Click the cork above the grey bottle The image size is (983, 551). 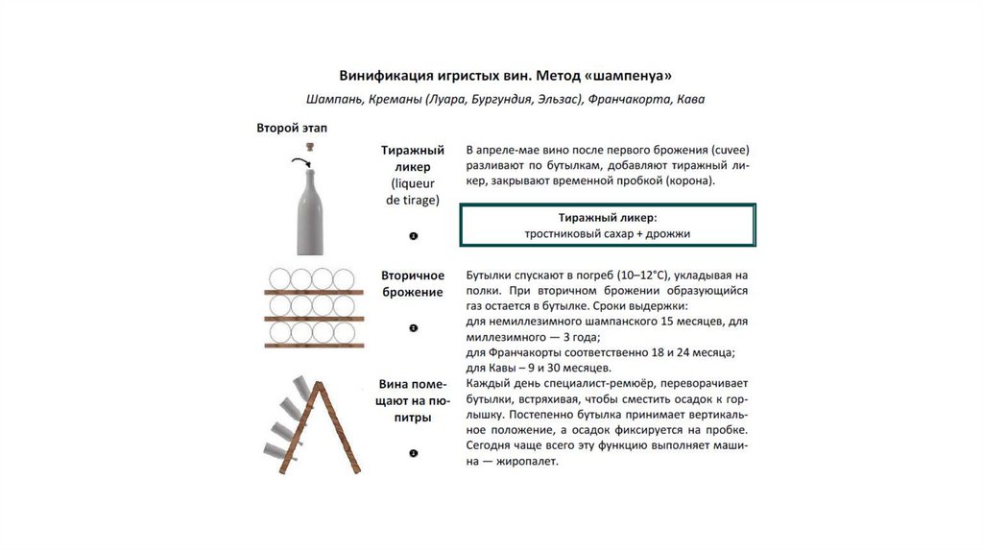coord(312,145)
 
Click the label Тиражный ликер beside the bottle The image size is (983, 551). coord(412,158)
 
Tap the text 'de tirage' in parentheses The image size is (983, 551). coord(412,200)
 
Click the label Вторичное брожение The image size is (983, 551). coord(412,283)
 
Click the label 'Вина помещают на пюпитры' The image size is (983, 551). coord(412,402)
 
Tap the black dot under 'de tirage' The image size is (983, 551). coord(413,236)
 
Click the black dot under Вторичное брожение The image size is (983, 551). coord(413,328)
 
